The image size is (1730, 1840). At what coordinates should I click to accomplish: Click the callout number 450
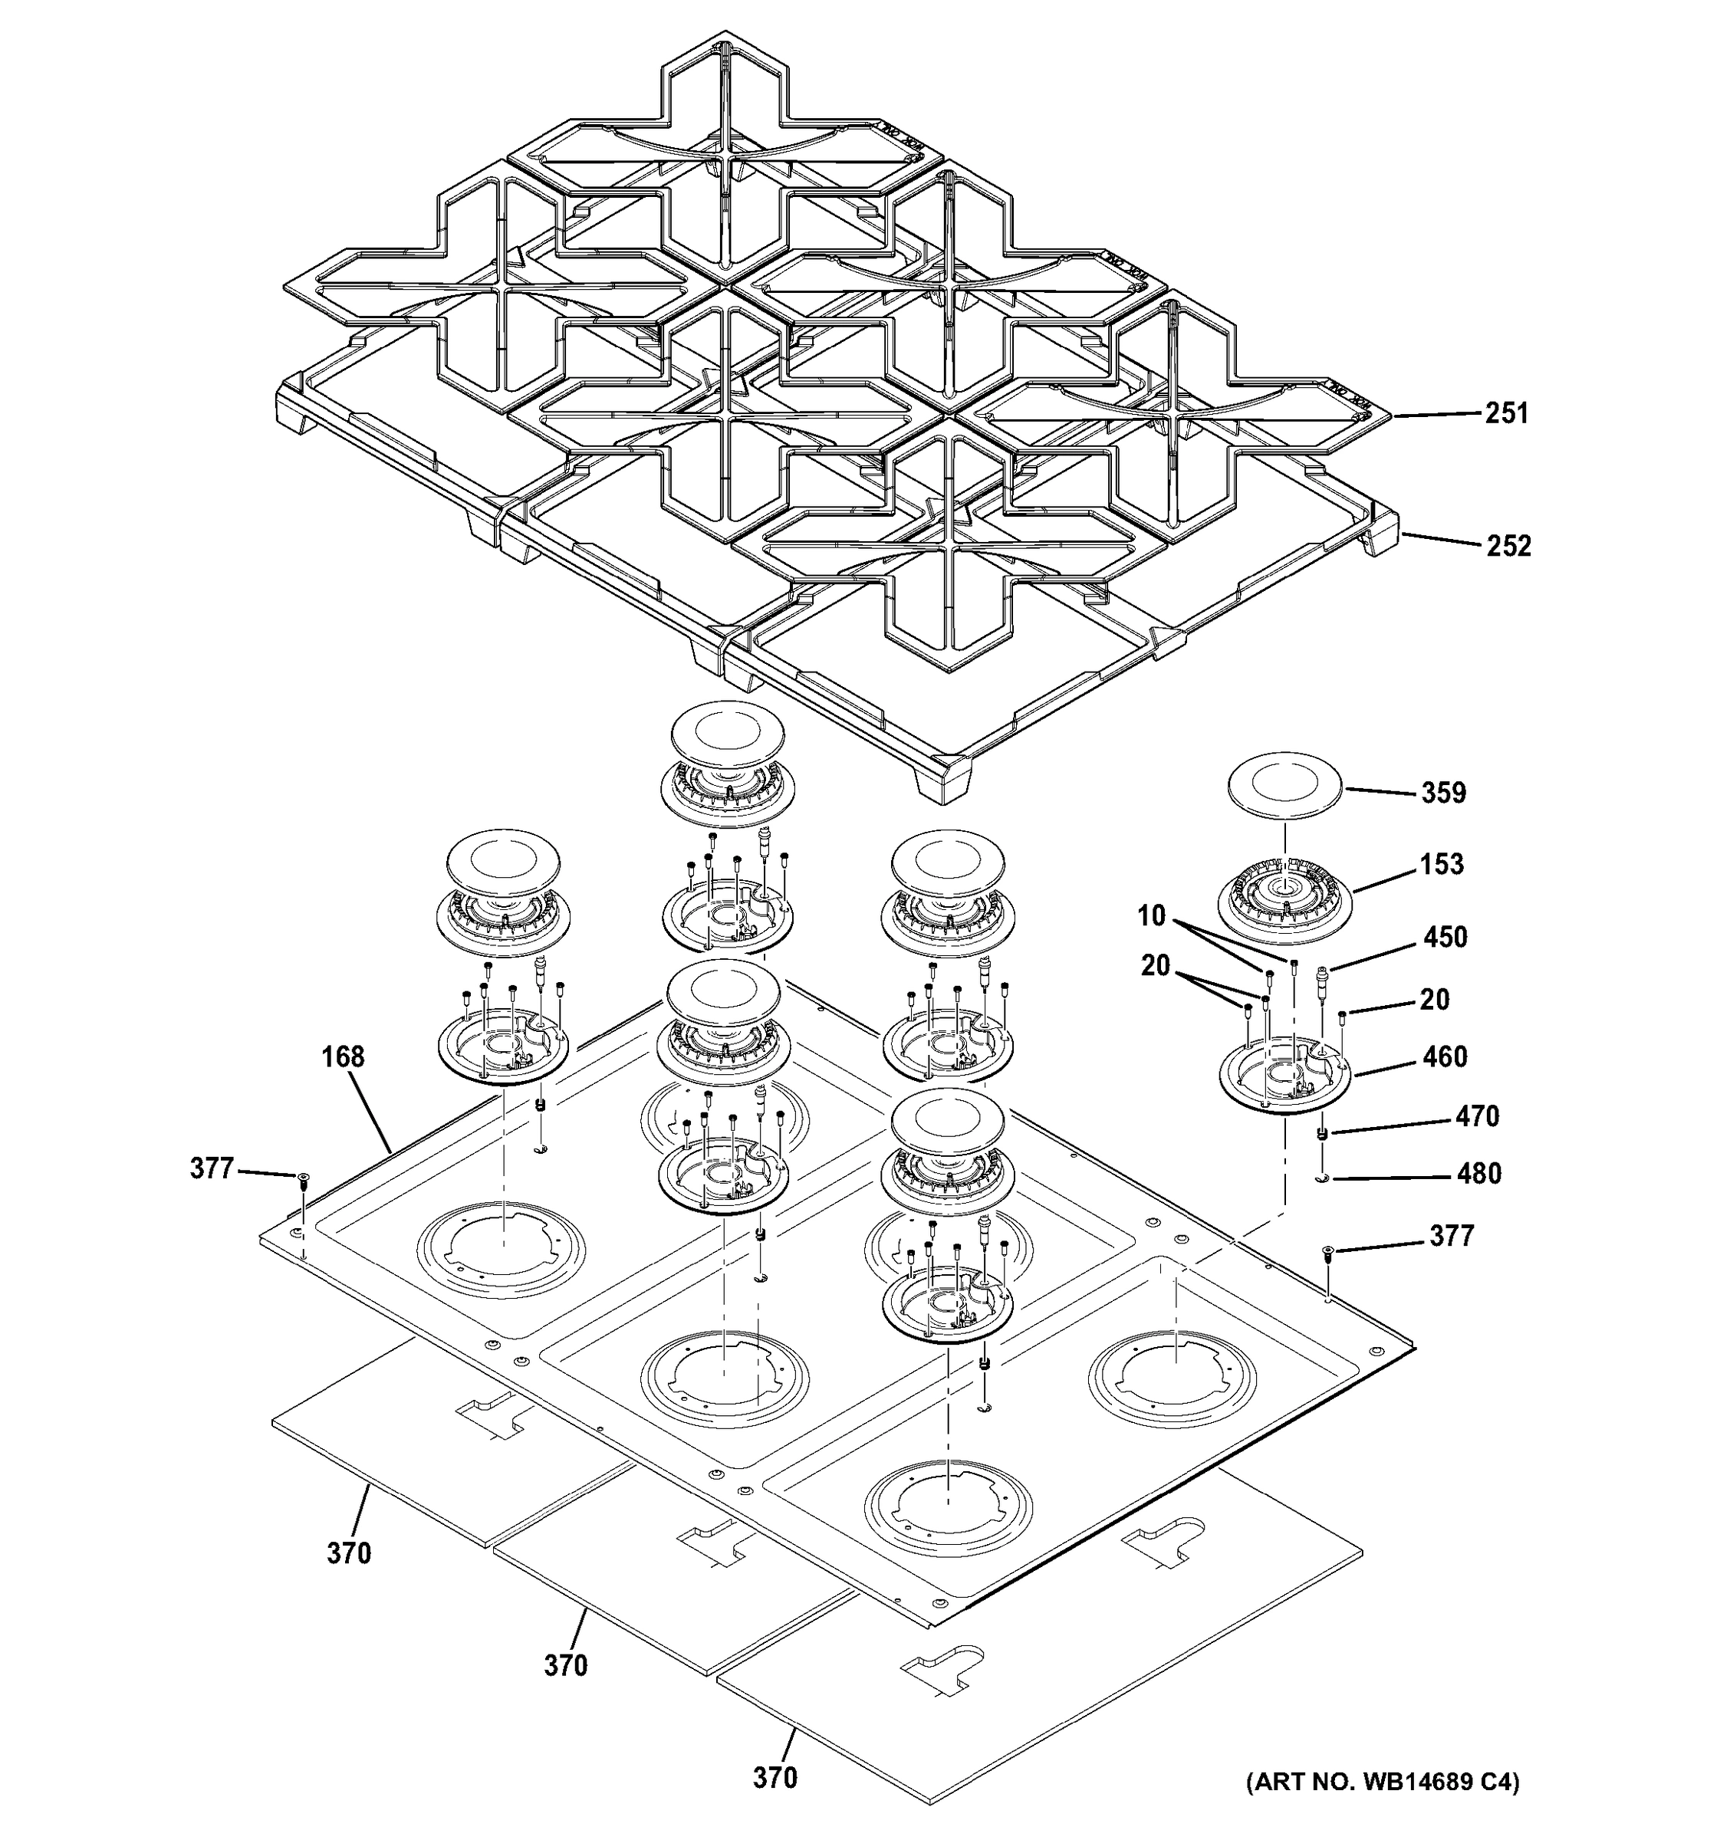point(1444,937)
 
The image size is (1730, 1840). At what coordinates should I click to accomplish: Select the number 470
point(1475,1116)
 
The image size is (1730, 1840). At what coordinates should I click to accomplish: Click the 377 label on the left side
point(211,1169)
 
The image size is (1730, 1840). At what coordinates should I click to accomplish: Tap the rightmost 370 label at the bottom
point(774,1778)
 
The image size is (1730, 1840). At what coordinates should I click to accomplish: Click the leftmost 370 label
point(348,1553)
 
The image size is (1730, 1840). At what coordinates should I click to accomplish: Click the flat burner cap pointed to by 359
point(1284,791)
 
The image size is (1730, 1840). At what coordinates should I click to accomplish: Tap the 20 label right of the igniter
point(1434,1000)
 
